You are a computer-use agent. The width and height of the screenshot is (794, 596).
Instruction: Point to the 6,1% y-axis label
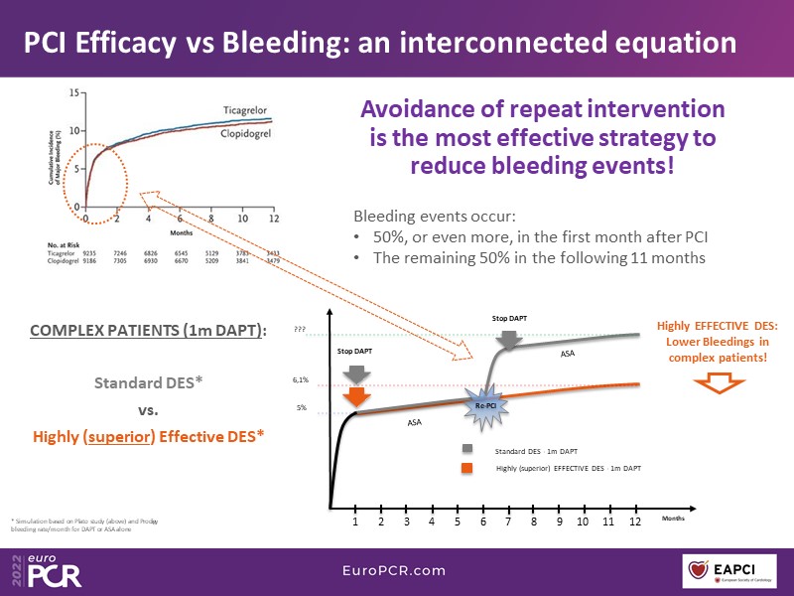click(x=301, y=379)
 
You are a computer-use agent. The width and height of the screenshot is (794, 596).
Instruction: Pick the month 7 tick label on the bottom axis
click(x=508, y=521)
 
